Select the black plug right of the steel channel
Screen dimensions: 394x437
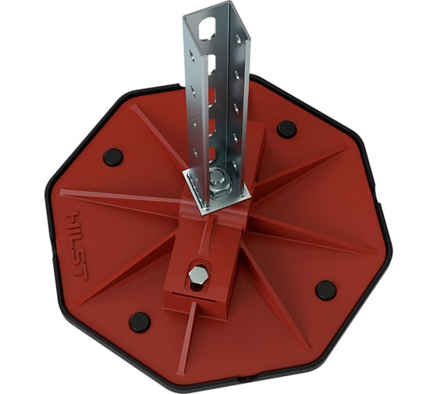point(286,129)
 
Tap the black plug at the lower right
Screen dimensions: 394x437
point(325,289)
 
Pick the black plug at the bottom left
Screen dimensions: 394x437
point(140,321)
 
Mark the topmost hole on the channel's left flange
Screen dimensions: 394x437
point(191,54)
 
